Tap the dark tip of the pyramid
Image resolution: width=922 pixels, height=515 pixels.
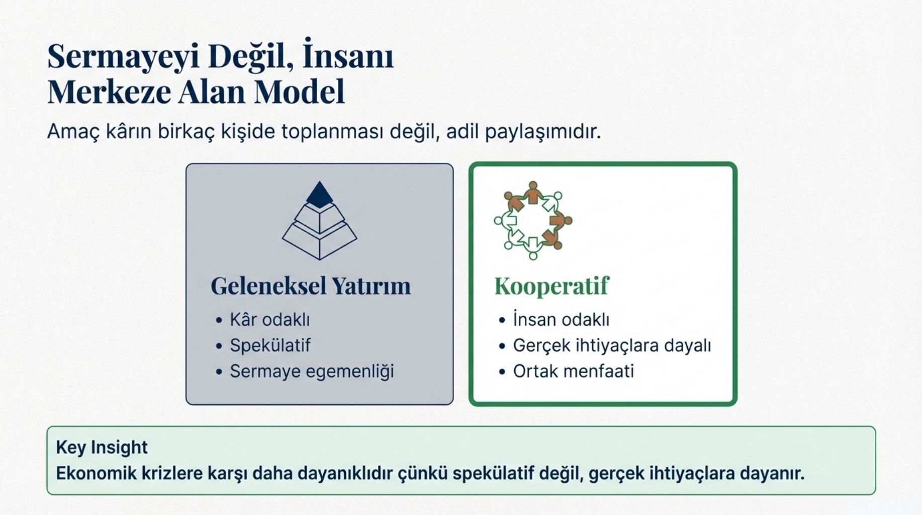pyautogui.click(x=319, y=195)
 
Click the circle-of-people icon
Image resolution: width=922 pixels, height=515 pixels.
pyautogui.click(x=533, y=220)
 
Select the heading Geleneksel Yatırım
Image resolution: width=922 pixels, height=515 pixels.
pyautogui.click(x=311, y=286)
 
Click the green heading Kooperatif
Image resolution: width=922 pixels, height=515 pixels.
pyautogui.click(x=551, y=286)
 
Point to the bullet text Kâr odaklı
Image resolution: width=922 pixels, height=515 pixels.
pyautogui.click(x=270, y=319)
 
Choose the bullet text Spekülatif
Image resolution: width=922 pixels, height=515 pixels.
pyautogui.click(x=270, y=346)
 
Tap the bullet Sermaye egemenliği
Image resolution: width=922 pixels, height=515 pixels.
pyautogui.click(x=312, y=371)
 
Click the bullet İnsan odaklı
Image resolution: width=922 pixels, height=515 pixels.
pyautogui.click(x=561, y=319)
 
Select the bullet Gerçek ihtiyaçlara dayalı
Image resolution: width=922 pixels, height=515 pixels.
pyautogui.click(x=612, y=346)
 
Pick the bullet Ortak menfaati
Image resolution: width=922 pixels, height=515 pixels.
pyautogui.click(x=573, y=371)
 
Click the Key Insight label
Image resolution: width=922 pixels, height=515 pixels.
pyautogui.click(x=102, y=447)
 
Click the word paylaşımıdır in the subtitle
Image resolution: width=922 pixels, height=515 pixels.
pyautogui.click(x=543, y=132)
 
